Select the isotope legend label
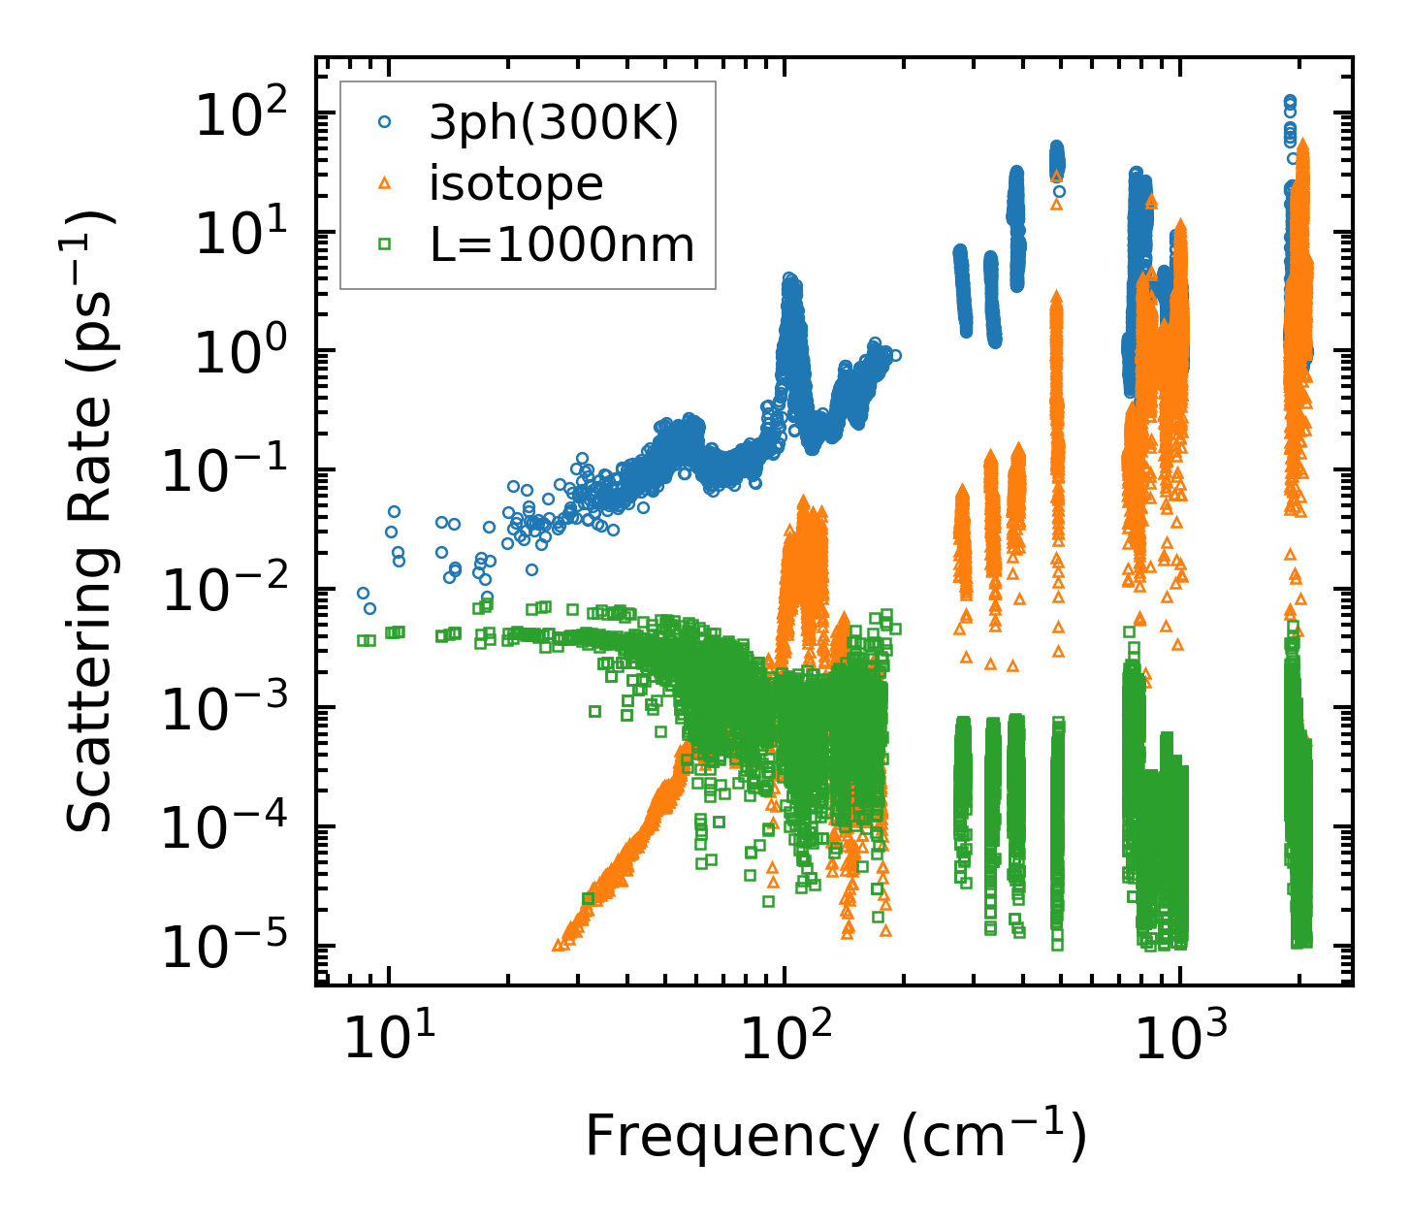tap(516, 183)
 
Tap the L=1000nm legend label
tap(562, 244)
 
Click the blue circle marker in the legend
tap(385, 122)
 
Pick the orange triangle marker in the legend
tap(385, 182)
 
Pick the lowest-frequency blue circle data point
tap(363, 593)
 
